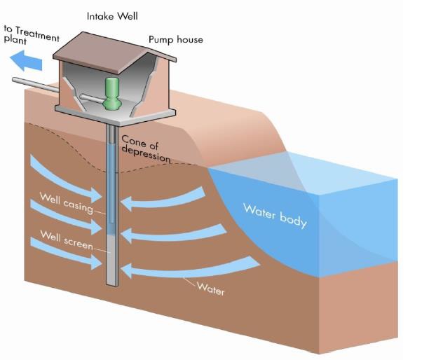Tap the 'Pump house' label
[x=175, y=39]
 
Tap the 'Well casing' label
[x=66, y=202]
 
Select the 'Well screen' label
[x=66, y=239]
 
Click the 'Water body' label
[x=275, y=214]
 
